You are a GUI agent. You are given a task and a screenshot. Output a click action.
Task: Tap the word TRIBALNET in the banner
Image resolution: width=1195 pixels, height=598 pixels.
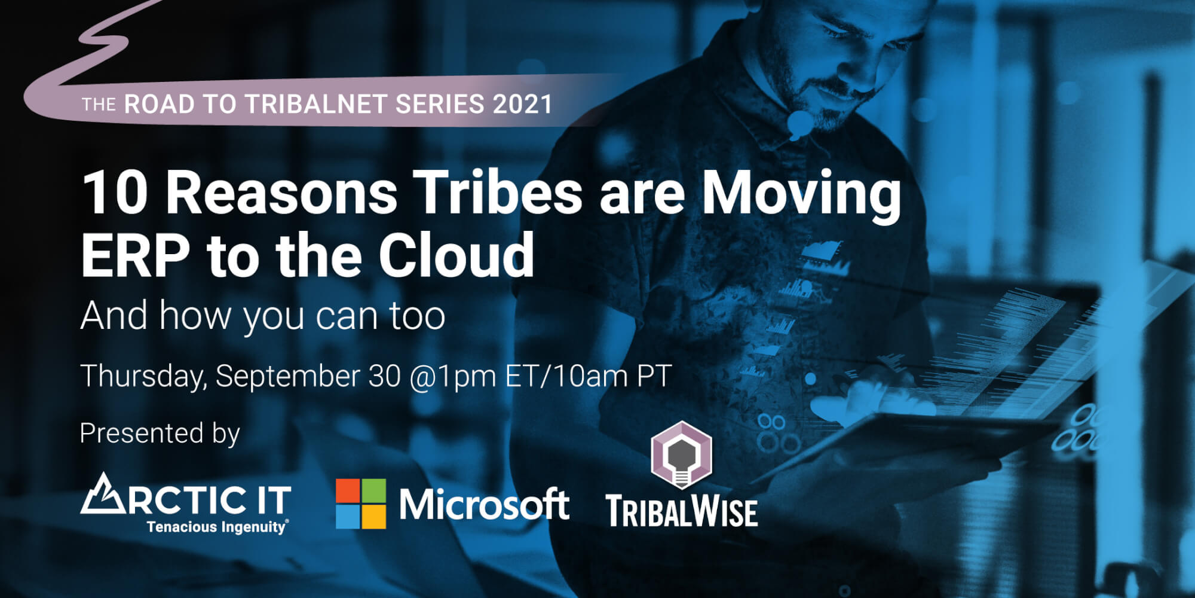tap(316, 105)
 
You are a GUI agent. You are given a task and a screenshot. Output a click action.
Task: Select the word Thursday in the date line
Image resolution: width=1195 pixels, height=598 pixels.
tap(144, 377)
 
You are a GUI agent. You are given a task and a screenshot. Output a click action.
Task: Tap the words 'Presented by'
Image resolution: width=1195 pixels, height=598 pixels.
tap(160, 434)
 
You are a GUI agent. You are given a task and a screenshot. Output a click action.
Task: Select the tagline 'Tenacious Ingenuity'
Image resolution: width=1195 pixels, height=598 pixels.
tap(217, 527)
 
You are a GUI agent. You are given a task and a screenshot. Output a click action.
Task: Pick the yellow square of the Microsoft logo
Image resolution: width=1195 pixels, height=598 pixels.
tap(373, 517)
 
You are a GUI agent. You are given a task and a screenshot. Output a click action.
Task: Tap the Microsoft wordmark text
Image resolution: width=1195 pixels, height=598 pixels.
tap(484, 504)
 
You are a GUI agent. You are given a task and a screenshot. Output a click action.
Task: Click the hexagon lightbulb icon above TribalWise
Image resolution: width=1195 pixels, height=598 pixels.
tap(681, 455)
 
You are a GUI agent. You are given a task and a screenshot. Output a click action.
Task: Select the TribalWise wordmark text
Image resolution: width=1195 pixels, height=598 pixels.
tap(682, 512)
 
